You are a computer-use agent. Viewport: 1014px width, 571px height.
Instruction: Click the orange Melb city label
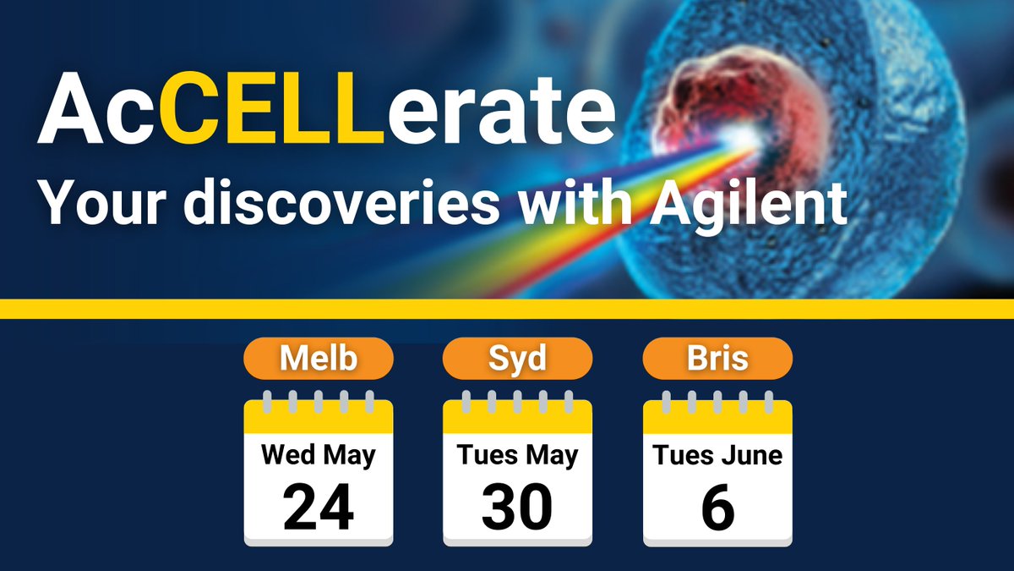pos(319,359)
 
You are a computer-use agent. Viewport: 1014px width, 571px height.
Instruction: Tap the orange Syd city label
pos(518,359)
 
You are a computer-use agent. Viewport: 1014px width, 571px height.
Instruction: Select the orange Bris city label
pos(717,359)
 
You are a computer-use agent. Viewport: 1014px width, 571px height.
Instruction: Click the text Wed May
pos(319,456)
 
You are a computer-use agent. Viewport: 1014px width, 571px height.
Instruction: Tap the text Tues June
pos(717,456)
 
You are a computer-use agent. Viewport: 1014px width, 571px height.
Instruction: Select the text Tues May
pos(518,456)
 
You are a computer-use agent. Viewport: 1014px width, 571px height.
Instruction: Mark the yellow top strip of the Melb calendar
pos(319,417)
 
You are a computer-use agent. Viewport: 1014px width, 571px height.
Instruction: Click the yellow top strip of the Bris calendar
pos(717,417)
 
